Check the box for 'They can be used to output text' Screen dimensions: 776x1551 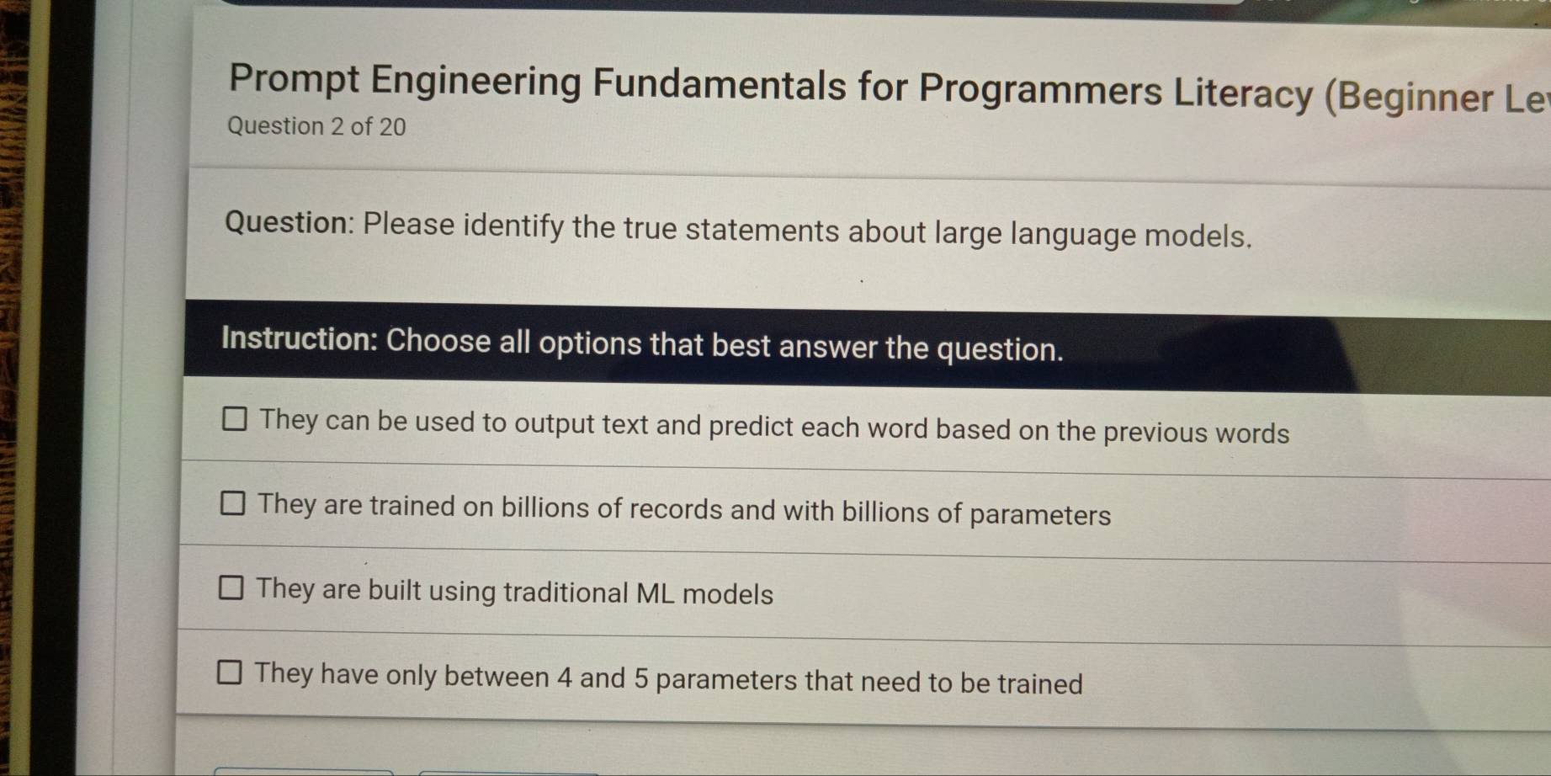(234, 418)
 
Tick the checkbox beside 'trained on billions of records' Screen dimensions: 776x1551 (232, 503)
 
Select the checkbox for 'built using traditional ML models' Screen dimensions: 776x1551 (231, 587)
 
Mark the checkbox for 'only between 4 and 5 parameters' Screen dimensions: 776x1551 (229, 672)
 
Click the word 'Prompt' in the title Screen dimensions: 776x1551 (294, 79)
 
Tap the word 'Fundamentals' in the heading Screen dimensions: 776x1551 (719, 84)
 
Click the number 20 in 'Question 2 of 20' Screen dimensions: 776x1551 (392, 127)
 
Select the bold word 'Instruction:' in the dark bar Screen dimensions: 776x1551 (299, 338)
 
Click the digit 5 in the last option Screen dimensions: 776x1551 (640, 678)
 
